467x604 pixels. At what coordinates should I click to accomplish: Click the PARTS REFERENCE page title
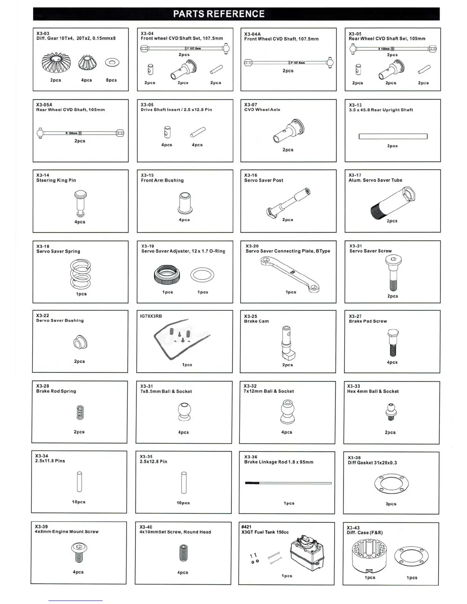click(x=219, y=14)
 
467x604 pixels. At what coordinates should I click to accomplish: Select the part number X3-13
click(x=355, y=105)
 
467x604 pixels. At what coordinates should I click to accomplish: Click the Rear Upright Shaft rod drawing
click(x=393, y=136)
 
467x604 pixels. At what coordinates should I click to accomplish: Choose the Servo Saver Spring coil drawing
click(x=81, y=274)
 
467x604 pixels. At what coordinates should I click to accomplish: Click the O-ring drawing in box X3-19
click(x=202, y=275)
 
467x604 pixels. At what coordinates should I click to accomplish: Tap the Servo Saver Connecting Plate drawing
click(x=290, y=274)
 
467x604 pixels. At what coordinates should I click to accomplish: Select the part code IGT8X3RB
click(x=151, y=316)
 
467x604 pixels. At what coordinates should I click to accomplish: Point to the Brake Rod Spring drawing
click(x=80, y=412)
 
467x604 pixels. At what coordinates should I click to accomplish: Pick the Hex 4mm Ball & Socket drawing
click(x=390, y=411)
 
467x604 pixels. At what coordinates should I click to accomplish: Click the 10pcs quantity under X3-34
click(x=79, y=502)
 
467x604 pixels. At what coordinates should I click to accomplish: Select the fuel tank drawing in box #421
click(x=307, y=552)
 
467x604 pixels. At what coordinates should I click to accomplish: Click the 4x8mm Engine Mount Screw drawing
click(x=79, y=553)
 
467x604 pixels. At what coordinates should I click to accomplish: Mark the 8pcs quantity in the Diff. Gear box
click(x=111, y=80)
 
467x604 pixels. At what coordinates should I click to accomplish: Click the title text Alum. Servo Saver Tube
click(x=375, y=180)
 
